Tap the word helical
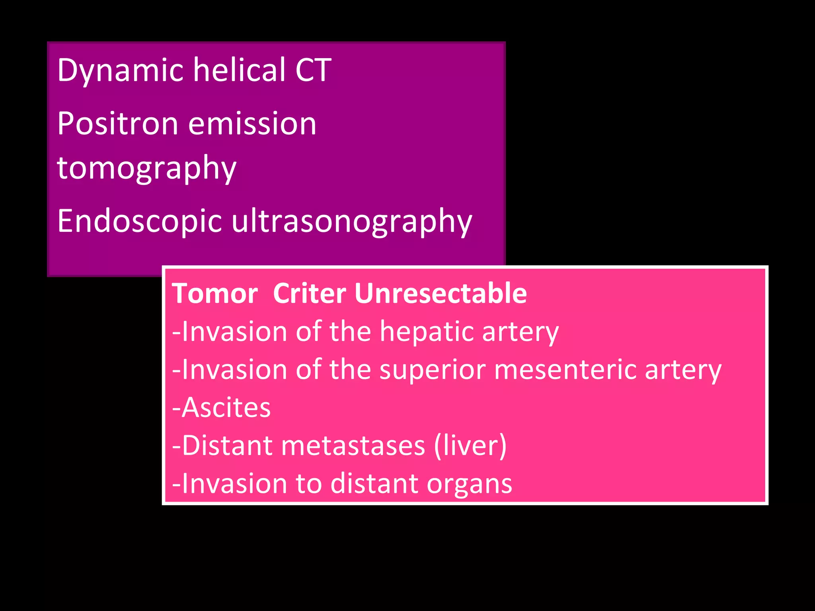click(239, 70)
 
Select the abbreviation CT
click(313, 70)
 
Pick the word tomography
click(146, 168)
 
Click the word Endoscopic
click(139, 222)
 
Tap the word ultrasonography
click(352, 222)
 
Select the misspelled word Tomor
click(215, 294)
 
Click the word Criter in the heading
click(309, 294)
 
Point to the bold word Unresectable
click(441, 294)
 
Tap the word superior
click(432, 370)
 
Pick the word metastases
click(353, 446)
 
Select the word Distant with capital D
click(227, 446)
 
